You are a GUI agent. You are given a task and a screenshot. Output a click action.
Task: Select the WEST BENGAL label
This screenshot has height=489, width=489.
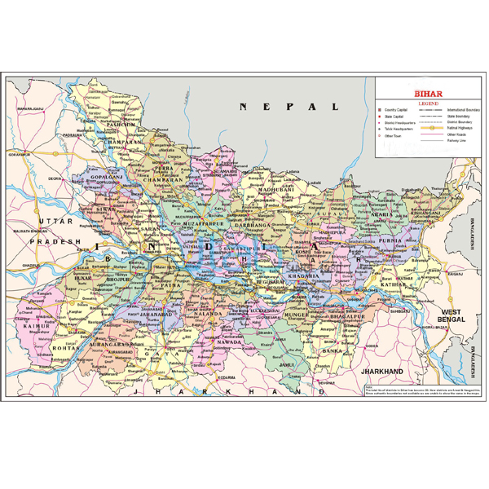pos(452,317)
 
